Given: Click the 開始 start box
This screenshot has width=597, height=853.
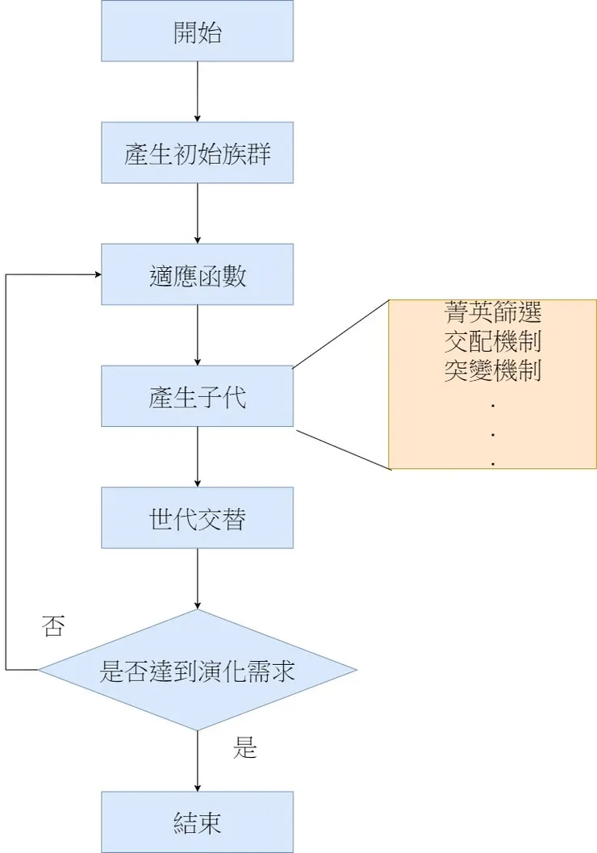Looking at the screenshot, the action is pyautogui.click(x=198, y=31).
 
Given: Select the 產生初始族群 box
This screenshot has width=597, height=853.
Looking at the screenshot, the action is pyautogui.click(x=198, y=153).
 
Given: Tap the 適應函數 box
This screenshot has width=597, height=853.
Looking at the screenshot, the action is pyautogui.click(x=198, y=274).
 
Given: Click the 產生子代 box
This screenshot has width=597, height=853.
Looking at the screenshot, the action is pyautogui.click(x=198, y=396).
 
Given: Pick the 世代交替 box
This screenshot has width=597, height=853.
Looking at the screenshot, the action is pyautogui.click(x=198, y=518).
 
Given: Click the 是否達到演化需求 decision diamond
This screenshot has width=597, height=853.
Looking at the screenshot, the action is pyautogui.click(x=198, y=670).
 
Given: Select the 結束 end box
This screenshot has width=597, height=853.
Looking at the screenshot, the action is pyautogui.click(x=198, y=822).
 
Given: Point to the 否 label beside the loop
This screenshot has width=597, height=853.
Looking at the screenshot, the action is pyautogui.click(x=52, y=626).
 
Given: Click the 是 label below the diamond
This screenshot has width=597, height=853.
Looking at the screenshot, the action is pyautogui.click(x=244, y=748).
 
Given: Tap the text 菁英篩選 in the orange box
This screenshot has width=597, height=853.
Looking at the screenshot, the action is pyautogui.click(x=493, y=312).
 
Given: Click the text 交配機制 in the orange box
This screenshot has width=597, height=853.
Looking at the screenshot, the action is pyautogui.click(x=493, y=341).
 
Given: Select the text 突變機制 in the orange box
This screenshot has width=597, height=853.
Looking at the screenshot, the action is pyautogui.click(x=493, y=371).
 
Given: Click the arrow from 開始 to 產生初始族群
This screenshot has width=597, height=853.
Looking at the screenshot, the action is pyautogui.click(x=198, y=92).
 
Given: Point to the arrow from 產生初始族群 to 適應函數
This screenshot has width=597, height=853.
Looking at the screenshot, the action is pyautogui.click(x=198, y=214).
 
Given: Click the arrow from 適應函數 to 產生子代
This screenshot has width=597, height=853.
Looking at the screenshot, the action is pyautogui.click(x=198, y=335).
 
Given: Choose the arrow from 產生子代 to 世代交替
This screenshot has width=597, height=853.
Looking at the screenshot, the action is pyautogui.click(x=198, y=457).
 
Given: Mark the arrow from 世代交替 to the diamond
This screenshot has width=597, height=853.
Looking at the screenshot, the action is pyautogui.click(x=198, y=579).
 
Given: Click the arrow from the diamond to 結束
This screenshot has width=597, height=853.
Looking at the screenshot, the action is pyautogui.click(x=198, y=762).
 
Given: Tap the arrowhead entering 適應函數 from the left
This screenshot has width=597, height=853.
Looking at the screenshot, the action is pyautogui.click(x=98, y=274).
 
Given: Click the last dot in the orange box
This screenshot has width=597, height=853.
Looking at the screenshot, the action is pyautogui.click(x=493, y=464).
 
